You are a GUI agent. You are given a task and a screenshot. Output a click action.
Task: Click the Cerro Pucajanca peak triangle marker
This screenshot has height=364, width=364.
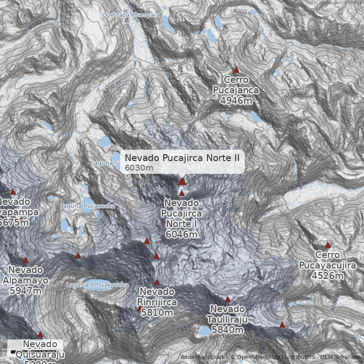tap(236, 70)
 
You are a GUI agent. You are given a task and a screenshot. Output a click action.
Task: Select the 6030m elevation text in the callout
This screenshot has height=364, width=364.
tap(139, 168)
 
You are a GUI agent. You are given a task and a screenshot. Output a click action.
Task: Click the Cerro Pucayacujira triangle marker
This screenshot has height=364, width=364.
tap(328, 245)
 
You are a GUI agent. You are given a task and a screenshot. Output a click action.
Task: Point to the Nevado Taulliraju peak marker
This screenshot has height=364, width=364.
tap(228, 299)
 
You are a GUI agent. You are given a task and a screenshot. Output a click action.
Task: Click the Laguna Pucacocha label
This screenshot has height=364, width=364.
tap(88, 206)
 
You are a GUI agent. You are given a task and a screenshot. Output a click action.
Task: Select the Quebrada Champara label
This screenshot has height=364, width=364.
tap(131, 15)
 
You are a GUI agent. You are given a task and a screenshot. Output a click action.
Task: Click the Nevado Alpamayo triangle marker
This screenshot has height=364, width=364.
tap(26, 260)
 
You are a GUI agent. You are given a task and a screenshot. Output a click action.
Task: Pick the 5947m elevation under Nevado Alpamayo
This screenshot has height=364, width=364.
tap(25, 290)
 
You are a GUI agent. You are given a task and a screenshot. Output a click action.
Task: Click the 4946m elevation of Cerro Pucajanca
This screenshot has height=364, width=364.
tap(236, 101)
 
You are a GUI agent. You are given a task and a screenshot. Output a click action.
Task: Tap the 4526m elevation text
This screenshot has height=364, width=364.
tap(328, 276)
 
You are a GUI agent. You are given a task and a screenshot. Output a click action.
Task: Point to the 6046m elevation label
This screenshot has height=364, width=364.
tap(182, 235)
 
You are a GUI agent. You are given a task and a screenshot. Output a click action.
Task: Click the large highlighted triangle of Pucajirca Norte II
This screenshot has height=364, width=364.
tap(182, 182)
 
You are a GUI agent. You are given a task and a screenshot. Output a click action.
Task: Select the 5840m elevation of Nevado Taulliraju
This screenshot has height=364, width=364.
tap(228, 329)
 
